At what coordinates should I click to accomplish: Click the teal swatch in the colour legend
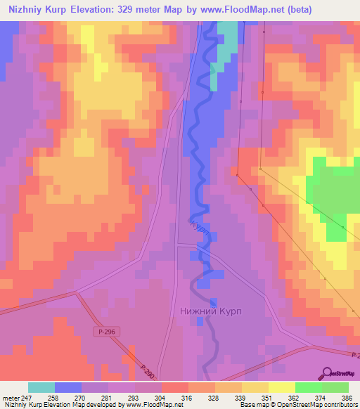(41, 387)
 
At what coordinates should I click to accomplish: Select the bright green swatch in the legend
(308, 387)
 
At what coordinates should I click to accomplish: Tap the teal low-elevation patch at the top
(227, 42)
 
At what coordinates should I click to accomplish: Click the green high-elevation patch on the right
(334, 193)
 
